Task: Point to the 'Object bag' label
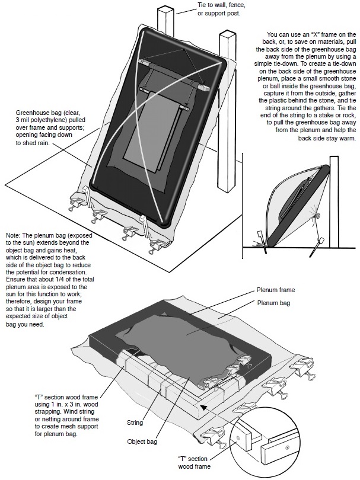tap(145, 441)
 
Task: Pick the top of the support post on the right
tap(228, 37)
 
